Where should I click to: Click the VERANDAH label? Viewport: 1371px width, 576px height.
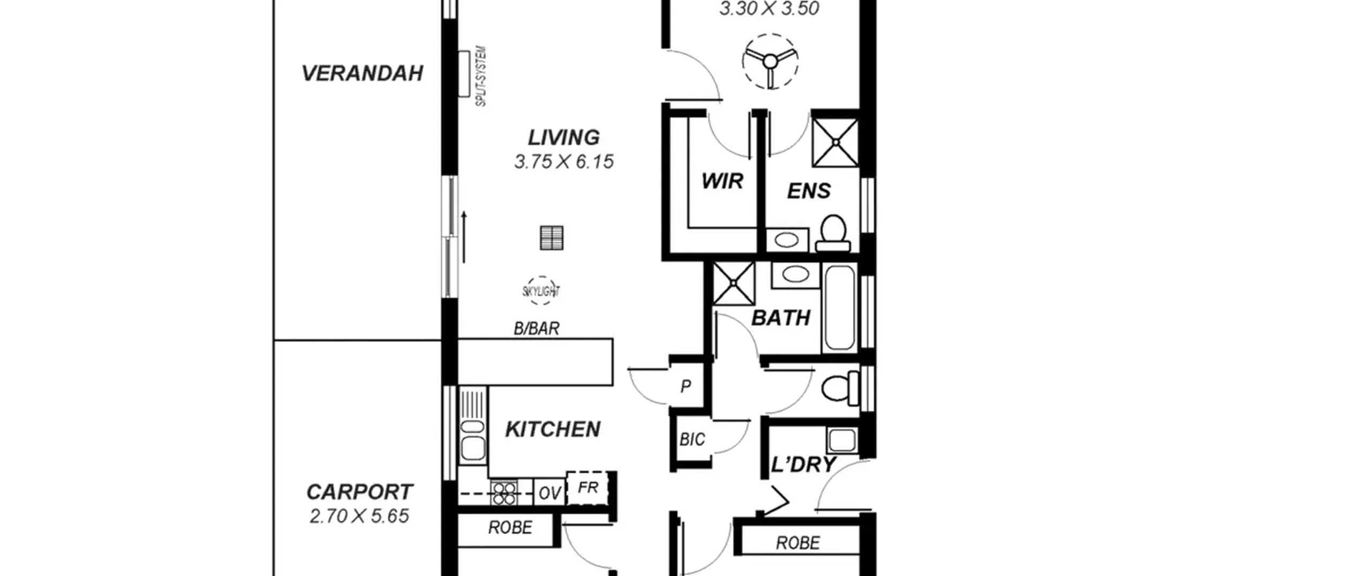(362, 73)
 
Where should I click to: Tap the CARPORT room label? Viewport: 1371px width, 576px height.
(359, 492)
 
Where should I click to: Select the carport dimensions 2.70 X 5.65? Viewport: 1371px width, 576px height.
(359, 516)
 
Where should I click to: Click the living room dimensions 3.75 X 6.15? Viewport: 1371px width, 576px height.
(564, 162)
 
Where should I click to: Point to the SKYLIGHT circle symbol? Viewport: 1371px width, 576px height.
(541, 291)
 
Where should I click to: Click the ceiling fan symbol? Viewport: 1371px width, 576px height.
(770, 61)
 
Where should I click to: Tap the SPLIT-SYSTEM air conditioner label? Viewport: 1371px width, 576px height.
(481, 77)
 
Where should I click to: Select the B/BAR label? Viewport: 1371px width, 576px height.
(537, 328)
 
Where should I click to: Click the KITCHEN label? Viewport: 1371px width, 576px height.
(553, 429)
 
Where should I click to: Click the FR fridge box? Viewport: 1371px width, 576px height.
(587, 488)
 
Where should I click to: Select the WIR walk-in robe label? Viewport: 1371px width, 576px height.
(722, 181)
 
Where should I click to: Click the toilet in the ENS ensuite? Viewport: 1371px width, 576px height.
(833, 233)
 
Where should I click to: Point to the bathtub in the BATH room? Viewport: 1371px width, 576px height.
(839, 308)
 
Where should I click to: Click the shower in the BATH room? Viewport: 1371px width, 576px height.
(734, 284)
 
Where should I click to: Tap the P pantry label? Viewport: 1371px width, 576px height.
(685, 386)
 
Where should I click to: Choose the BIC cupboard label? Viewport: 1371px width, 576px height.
(692, 440)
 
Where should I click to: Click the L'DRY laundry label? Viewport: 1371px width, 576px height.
(803, 464)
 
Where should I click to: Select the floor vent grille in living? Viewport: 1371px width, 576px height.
(552, 238)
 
